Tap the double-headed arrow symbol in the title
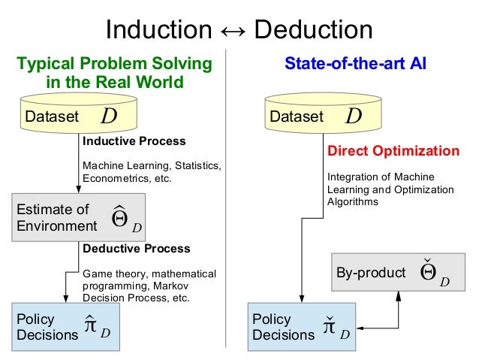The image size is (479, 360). click(235, 30)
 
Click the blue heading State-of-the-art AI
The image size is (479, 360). click(355, 64)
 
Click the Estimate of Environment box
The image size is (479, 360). click(80, 218)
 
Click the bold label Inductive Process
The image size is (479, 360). click(134, 141)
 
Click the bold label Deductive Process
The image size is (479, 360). click(136, 249)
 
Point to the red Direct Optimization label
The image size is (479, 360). click(393, 151)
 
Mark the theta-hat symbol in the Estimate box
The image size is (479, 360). click(119, 217)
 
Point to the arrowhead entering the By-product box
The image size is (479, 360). click(398, 293)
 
